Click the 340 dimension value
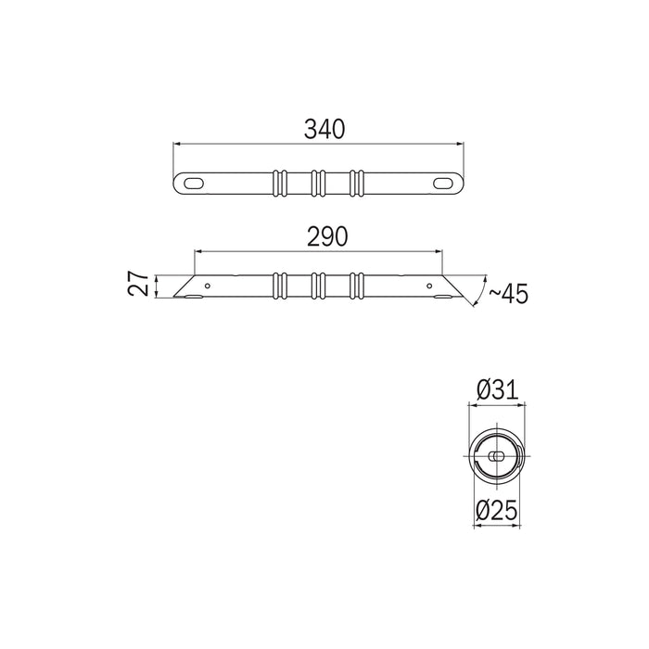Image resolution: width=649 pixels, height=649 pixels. pos(324,129)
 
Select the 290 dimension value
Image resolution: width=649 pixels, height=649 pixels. pos(327,237)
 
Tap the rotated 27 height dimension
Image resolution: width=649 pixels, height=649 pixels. pos(138,284)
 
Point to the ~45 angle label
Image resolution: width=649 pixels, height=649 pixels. pos(508,294)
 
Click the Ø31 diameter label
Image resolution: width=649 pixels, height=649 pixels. pos(497,390)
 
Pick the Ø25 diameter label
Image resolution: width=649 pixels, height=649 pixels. pos(496,510)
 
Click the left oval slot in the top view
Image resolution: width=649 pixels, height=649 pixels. pos(194,184)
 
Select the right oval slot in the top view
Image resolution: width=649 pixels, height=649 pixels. pos(443,184)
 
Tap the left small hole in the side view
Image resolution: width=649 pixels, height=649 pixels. pos(208,286)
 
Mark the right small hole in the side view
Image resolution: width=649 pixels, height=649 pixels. pos(429,286)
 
